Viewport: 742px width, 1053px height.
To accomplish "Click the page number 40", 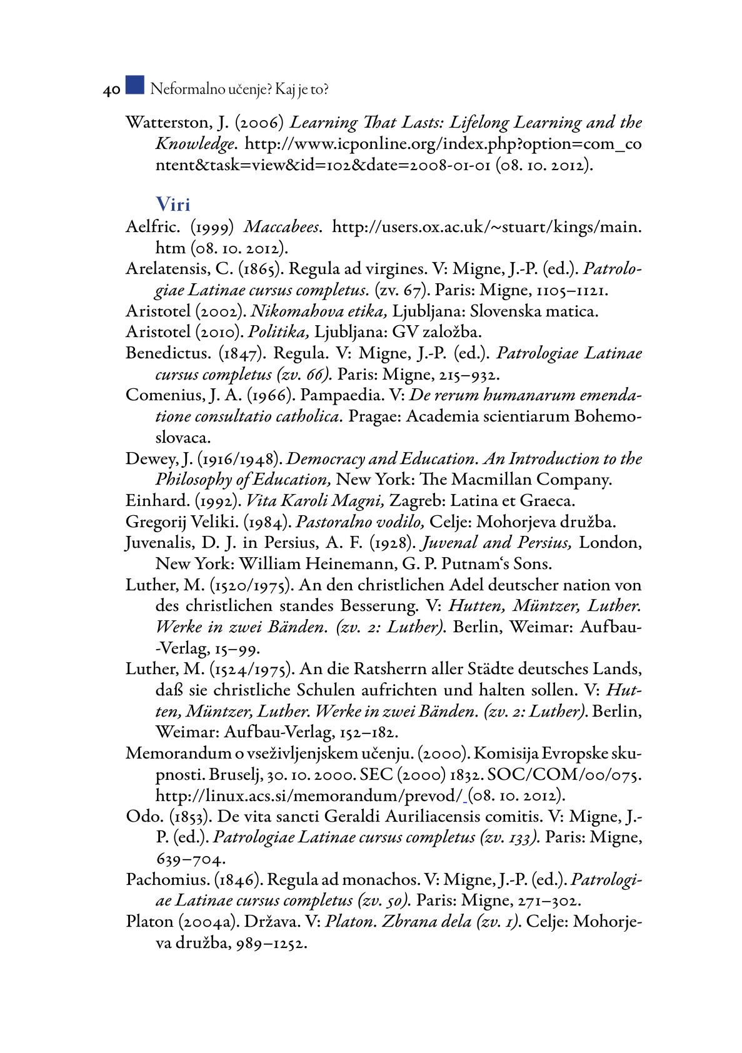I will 111,90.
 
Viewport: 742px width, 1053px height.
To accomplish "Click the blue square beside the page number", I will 134,85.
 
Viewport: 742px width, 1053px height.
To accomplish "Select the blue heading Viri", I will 173,204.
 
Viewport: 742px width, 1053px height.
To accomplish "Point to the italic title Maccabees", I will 283,226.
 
